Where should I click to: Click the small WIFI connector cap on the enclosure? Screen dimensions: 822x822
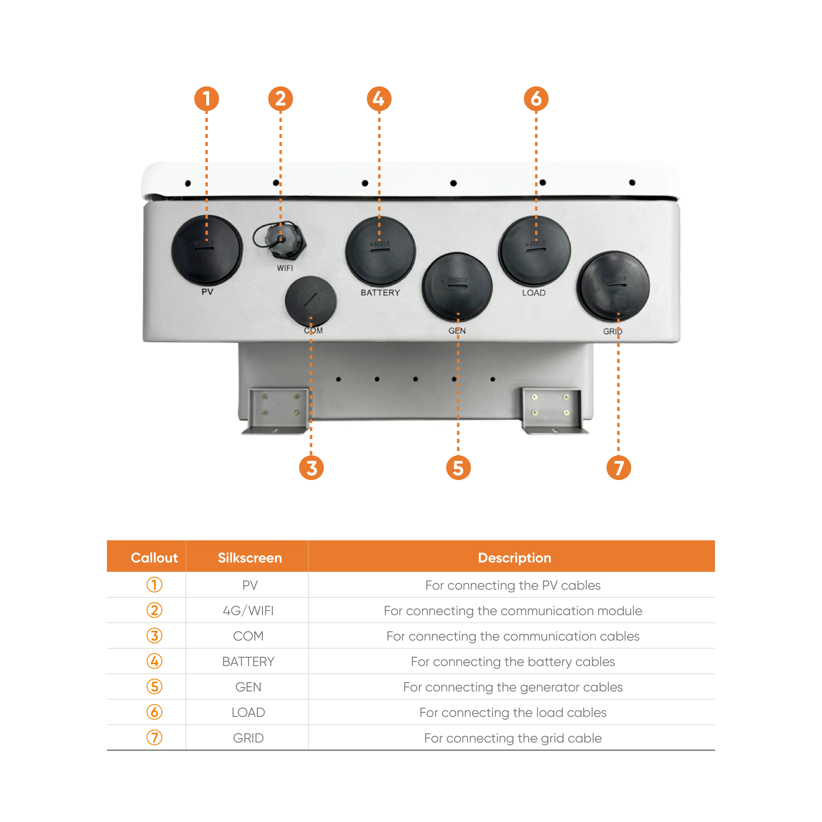click(281, 240)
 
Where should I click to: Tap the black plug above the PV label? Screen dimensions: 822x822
click(207, 250)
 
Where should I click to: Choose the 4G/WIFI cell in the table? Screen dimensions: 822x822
click(249, 611)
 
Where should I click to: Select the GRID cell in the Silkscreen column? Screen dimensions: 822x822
click(249, 738)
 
